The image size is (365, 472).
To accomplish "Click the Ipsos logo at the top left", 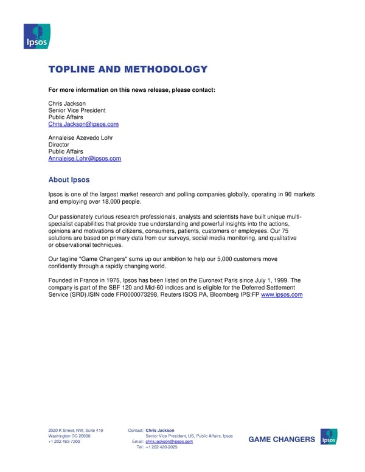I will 36,36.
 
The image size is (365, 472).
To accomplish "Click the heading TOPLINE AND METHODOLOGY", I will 128,69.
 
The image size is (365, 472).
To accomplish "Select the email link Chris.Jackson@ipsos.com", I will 83,124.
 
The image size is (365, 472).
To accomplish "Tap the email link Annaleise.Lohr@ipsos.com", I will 85,158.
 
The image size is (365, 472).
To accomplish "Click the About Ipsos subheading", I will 69,179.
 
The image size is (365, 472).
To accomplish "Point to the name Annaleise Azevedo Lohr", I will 80,137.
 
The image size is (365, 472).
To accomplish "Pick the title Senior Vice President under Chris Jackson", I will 77,110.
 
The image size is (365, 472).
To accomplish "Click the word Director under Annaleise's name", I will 59,145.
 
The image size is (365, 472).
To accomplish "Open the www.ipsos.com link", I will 282,295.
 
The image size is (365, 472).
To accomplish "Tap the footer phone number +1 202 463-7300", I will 64,442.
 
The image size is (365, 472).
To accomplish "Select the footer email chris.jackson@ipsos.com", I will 170,442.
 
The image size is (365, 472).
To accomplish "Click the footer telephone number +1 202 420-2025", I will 162,447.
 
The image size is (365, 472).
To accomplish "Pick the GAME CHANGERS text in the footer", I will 282,439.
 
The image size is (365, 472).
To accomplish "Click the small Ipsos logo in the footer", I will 329,437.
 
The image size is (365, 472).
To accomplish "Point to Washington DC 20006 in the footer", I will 69,436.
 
